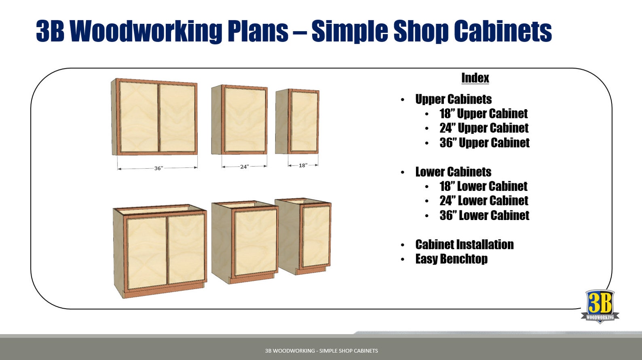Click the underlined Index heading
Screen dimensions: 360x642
click(x=475, y=78)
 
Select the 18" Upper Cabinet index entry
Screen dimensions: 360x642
click(x=484, y=114)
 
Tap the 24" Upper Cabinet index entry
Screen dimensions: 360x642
click(x=484, y=128)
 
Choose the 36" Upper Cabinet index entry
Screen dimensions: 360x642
click(x=484, y=143)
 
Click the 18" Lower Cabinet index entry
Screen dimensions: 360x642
click(x=483, y=186)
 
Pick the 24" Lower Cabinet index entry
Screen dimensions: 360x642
click(x=484, y=201)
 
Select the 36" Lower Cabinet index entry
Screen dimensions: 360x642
click(x=484, y=216)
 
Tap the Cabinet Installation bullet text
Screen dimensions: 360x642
click(x=464, y=245)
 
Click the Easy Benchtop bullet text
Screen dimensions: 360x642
click(x=451, y=259)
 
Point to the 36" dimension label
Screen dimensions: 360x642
click(x=158, y=168)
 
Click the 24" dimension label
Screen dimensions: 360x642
click(x=244, y=167)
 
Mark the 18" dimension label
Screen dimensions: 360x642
click(x=303, y=165)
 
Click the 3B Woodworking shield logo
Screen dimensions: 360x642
click(x=600, y=306)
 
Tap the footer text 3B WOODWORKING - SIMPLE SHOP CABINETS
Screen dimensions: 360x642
click(x=321, y=351)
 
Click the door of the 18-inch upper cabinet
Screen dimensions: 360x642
click(x=304, y=121)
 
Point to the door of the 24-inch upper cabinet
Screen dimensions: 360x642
click(x=245, y=120)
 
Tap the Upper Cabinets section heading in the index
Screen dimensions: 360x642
click(x=453, y=100)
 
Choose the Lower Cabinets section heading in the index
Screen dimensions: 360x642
click(x=453, y=172)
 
